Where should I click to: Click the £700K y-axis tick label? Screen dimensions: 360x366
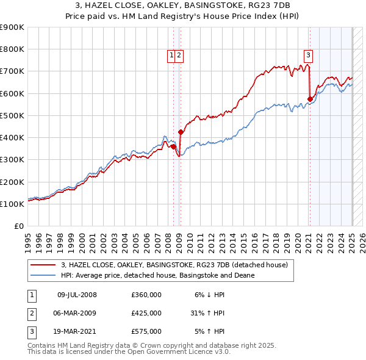12,71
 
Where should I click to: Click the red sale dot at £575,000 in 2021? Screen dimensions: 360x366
310,99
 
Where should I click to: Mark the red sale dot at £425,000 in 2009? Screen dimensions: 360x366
181,132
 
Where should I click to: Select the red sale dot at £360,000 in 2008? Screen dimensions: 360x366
173,146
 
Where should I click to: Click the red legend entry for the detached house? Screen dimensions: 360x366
178,264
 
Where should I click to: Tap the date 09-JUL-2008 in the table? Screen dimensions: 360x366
77,295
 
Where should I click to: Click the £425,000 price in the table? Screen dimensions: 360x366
146,313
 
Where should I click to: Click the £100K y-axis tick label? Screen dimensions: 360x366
12,204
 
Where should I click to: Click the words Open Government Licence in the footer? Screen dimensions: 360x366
182,352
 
